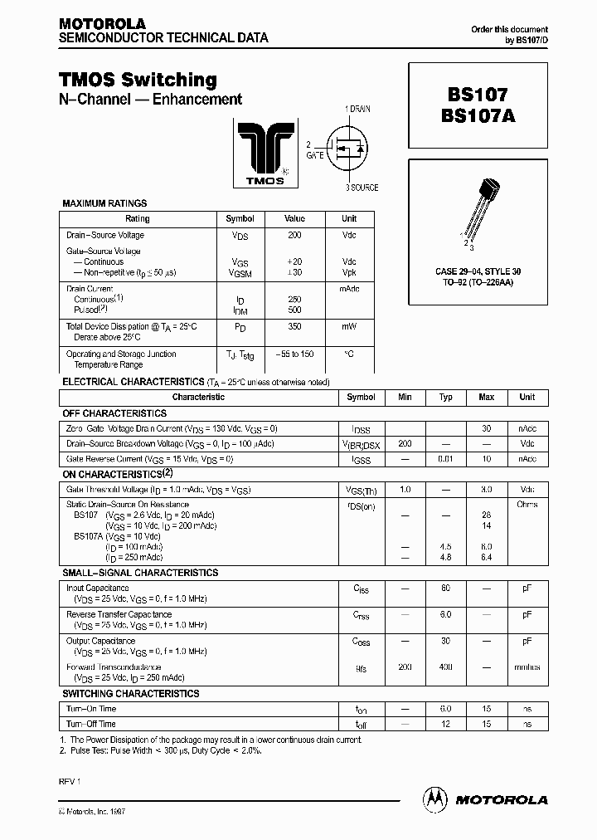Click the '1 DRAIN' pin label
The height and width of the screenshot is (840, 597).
(360, 110)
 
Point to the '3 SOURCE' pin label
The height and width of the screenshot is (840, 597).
(362, 188)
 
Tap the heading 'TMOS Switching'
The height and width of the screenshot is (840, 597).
(138, 80)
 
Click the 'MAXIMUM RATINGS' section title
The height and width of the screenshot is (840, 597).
(105, 203)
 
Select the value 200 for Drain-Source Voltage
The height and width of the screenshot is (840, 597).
(294, 235)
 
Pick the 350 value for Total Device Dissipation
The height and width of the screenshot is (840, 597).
(294, 327)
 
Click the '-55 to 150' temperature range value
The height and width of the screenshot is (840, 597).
(294, 354)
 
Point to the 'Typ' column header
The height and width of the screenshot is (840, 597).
(445, 397)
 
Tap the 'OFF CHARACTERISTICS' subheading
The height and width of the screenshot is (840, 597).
(115, 413)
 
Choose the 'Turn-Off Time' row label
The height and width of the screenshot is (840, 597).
(91, 724)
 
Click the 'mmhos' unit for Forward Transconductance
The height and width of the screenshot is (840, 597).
(527, 667)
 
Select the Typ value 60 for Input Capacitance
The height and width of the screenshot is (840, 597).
(445, 588)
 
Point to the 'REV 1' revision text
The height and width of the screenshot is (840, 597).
(70, 781)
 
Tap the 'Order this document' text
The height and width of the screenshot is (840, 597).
(509, 29)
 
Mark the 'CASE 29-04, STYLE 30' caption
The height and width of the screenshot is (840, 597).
(478, 271)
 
